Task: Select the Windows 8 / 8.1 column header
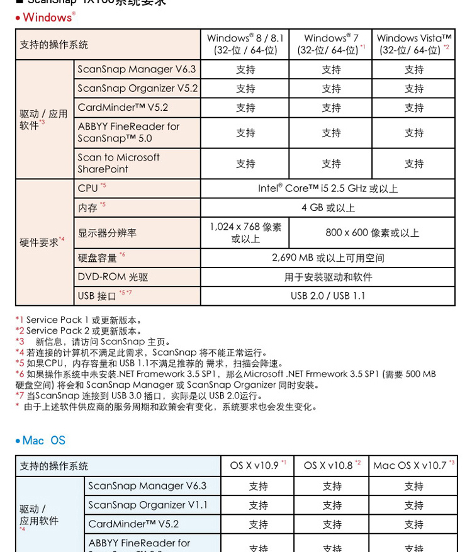tap(245, 44)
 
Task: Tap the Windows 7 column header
tap(331, 44)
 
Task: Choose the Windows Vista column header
tap(413, 44)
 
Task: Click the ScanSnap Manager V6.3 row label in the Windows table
tap(137, 69)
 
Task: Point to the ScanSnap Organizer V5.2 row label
tap(137, 88)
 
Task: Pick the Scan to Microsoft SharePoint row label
tap(119, 163)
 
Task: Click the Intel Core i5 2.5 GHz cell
tap(327, 188)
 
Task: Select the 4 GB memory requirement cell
tap(327, 208)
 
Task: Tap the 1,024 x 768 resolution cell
tap(245, 232)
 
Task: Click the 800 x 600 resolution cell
tap(372, 233)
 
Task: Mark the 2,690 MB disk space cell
tap(327, 257)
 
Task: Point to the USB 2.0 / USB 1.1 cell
tap(327, 296)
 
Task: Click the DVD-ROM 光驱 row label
tap(104, 277)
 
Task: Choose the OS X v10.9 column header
tap(257, 466)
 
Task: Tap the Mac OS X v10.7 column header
tap(413, 466)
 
